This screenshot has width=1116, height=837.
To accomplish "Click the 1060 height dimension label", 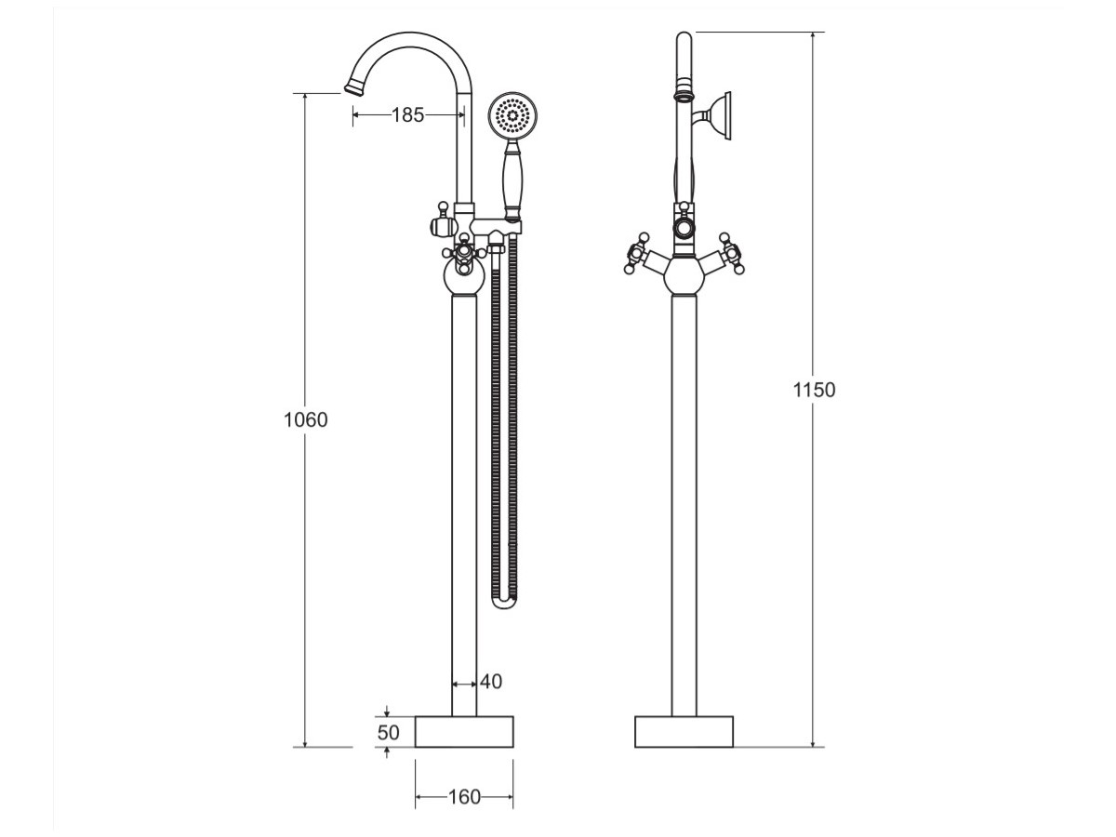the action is click(306, 419).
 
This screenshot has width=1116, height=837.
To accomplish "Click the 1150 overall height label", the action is click(814, 390).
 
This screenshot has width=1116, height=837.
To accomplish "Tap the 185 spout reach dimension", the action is click(407, 115).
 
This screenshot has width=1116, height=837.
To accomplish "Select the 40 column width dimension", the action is click(491, 682).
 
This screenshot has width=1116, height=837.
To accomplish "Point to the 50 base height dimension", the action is click(389, 732).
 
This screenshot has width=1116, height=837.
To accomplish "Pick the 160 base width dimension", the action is click(464, 797).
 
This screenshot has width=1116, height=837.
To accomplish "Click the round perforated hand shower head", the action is click(512, 116).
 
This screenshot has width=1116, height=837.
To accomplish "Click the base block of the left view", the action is click(464, 732).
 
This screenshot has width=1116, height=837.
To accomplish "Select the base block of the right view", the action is click(684, 732).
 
